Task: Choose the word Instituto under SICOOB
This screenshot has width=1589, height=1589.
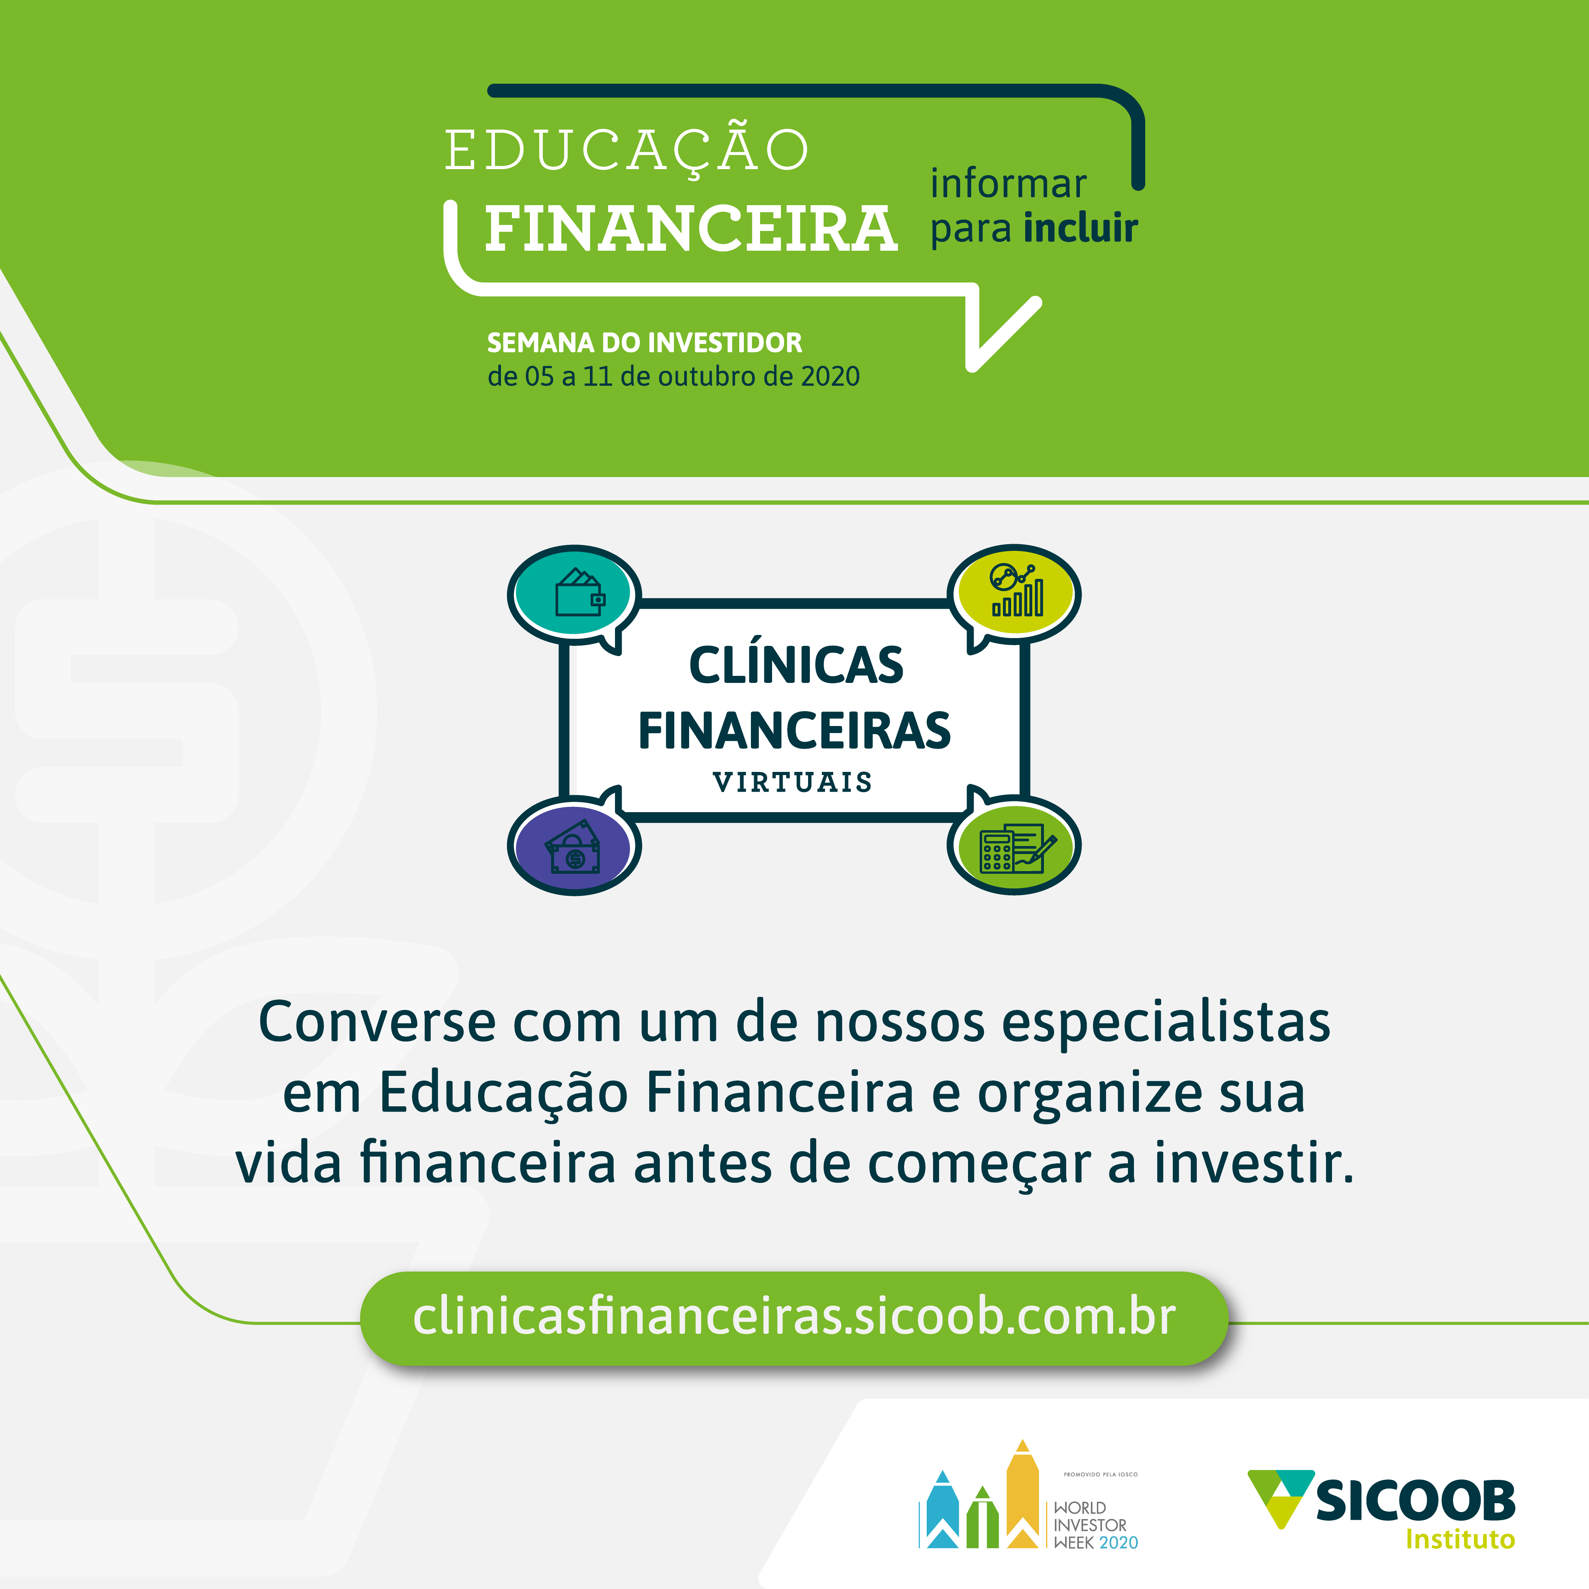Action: point(1460,1539)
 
